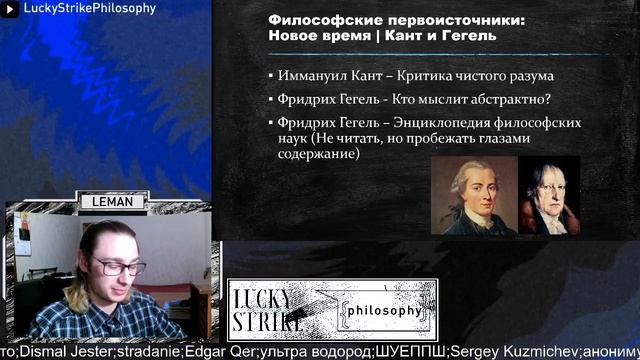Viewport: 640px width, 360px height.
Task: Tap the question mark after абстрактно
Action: [x=547, y=99]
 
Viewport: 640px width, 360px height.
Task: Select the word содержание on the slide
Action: [x=319, y=155]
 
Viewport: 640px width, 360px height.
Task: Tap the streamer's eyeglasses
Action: [x=118, y=266]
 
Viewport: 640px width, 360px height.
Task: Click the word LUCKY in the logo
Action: [x=262, y=299]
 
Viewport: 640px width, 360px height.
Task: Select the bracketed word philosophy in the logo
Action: [x=384, y=311]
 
